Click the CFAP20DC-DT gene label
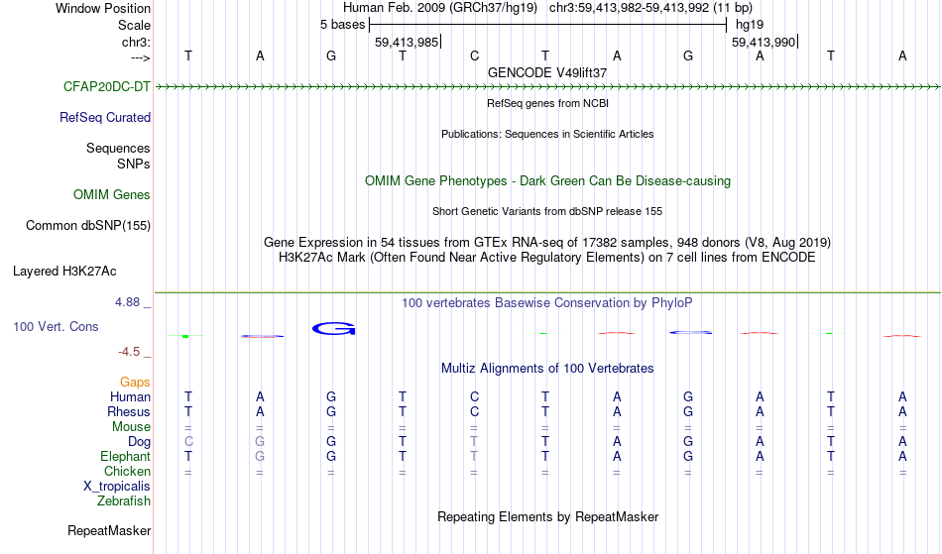(x=107, y=87)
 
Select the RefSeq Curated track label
(x=105, y=118)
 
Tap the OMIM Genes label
(x=112, y=195)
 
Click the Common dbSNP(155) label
(x=88, y=226)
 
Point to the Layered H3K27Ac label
(x=64, y=272)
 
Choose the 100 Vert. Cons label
(x=56, y=326)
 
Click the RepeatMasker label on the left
(x=109, y=531)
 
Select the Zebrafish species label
(x=124, y=501)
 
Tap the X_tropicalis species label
(x=117, y=487)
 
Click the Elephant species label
(x=126, y=457)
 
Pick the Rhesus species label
(x=129, y=412)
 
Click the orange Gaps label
(x=135, y=383)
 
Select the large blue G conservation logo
(x=334, y=328)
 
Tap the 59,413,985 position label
(x=407, y=43)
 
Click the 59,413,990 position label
(x=764, y=43)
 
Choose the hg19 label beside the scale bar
(x=750, y=25)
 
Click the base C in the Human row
(x=475, y=397)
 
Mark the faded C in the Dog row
(x=188, y=442)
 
